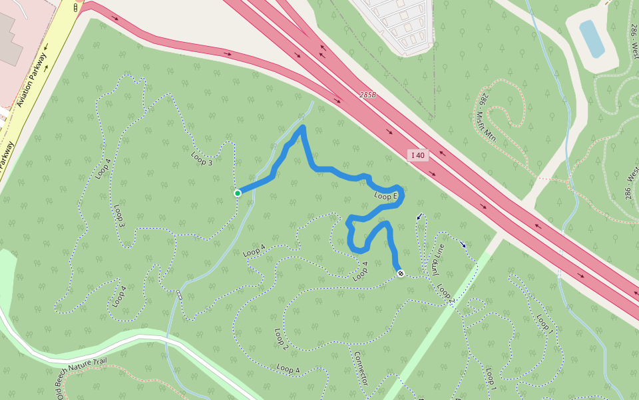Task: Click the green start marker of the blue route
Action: click(x=238, y=193)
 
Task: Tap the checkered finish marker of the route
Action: click(x=401, y=273)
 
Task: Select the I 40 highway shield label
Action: click(x=418, y=155)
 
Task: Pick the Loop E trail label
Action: click(x=385, y=196)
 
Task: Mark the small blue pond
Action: click(x=592, y=39)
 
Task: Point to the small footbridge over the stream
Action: click(x=179, y=295)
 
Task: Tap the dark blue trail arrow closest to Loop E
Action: click(x=419, y=217)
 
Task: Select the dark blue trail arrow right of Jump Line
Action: click(x=463, y=244)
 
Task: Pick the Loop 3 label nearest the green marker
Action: click(x=202, y=159)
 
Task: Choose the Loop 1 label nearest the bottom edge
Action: click(x=491, y=379)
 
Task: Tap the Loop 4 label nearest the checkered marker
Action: click(x=361, y=271)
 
